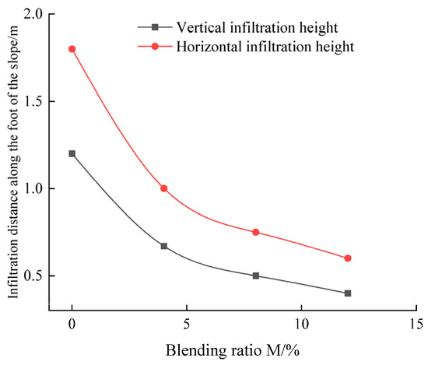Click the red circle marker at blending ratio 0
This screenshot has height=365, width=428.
click(72, 49)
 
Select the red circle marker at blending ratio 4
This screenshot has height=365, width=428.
click(163, 188)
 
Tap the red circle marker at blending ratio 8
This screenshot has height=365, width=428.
click(256, 233)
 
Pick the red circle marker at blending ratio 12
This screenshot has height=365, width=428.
click(348, 258)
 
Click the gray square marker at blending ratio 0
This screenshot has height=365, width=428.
click(72, 153)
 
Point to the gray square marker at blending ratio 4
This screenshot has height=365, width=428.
click(163, 246)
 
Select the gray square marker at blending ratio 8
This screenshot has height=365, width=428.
click(256, 276)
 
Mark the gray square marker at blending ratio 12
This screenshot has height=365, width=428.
click(348, 293)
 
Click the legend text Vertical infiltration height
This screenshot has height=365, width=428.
click(257, 27)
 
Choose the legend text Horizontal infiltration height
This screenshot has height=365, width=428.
click(265, 47)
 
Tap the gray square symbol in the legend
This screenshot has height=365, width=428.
click(155, 27)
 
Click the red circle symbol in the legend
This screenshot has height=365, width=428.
click(155, 47)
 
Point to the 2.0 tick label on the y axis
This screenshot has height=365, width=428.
click(33, 14)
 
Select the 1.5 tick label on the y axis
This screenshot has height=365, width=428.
click(33, 101)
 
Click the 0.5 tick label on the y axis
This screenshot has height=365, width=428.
click(33, 276)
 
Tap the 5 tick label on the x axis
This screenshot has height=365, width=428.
click(187, 324)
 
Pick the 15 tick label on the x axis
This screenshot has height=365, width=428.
click(416, 324)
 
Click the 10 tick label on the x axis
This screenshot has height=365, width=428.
click(301, 324)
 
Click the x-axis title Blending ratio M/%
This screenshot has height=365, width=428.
click(233, 350)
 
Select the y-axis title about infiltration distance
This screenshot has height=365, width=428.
click(13, 162)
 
